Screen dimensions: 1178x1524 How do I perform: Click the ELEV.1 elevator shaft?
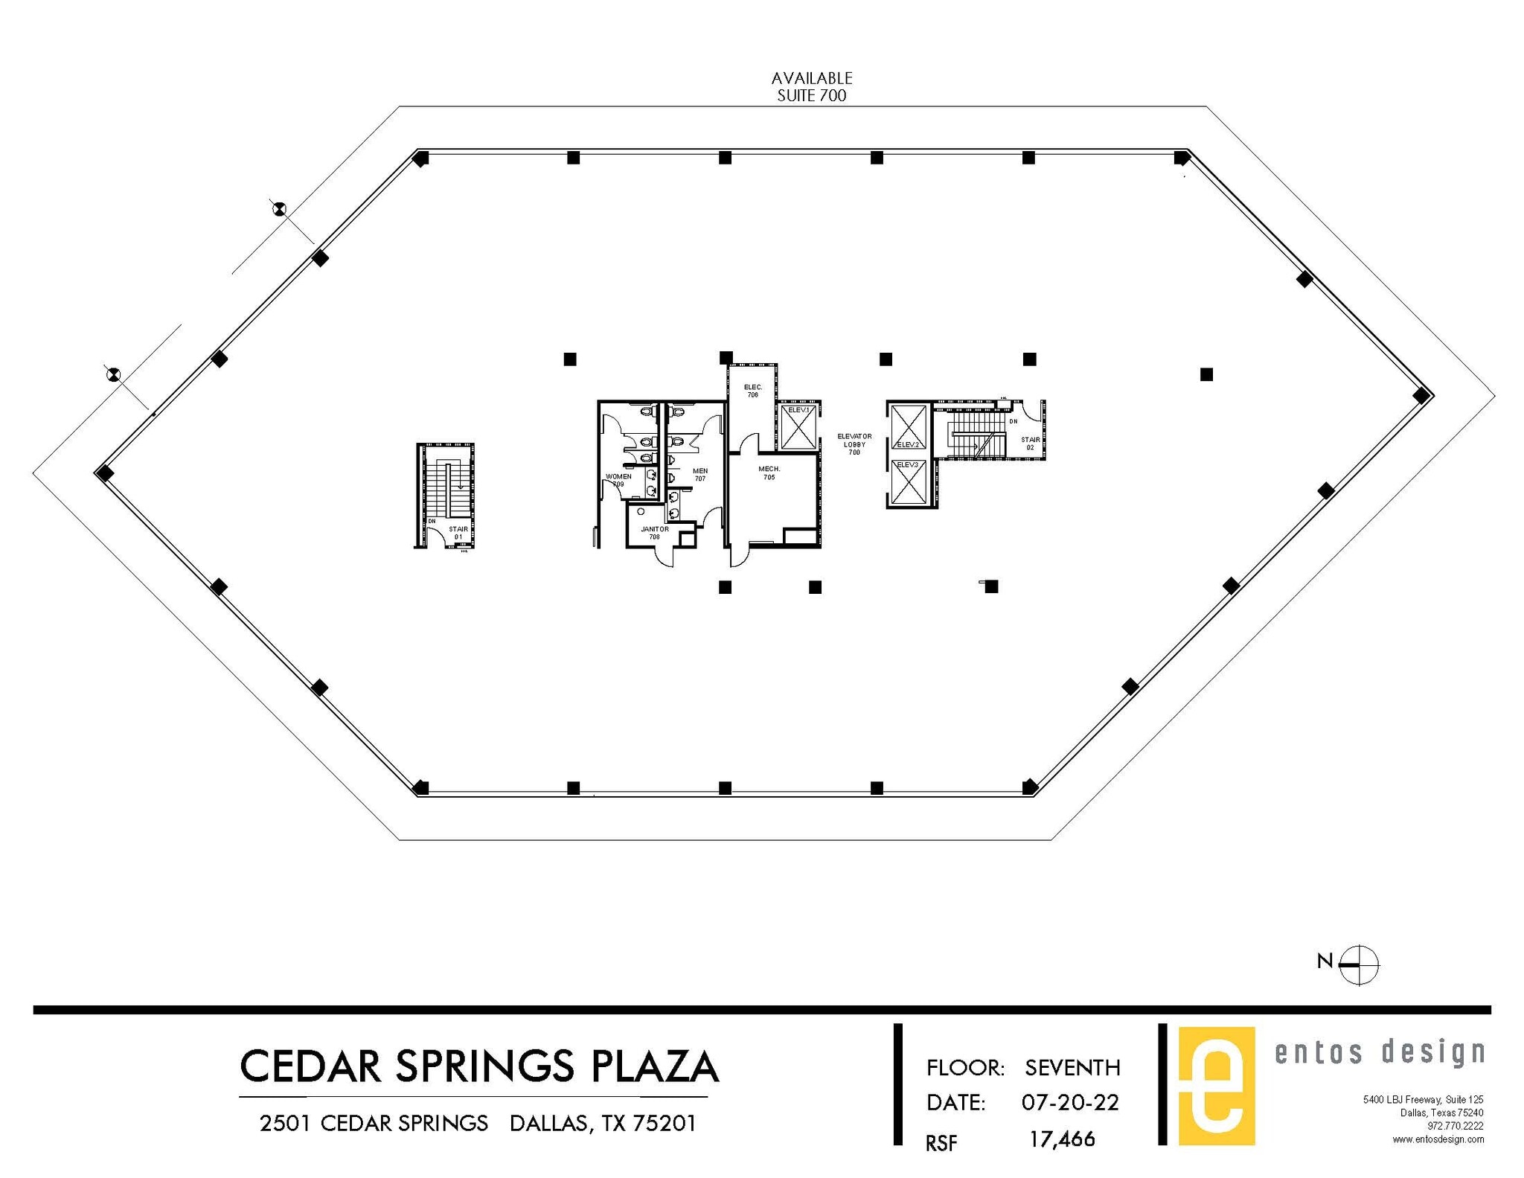[x=798, y=428]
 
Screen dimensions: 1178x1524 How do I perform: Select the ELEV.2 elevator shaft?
[x=908, y=427]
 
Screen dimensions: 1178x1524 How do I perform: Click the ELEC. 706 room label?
[x=753, y=391]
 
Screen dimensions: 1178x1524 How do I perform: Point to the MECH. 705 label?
[x=769, y=473]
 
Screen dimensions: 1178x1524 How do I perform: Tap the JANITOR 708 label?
[x=654, y=533]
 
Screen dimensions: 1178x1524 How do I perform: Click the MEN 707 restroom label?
[x=699, y=475]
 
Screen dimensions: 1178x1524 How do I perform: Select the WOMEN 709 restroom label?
[x=618, y=480]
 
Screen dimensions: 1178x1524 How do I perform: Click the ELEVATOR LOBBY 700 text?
[x=854, y=444]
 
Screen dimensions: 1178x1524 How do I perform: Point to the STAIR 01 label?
[x=458, y=533]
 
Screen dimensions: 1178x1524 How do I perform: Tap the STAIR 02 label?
[x=1030, y=444]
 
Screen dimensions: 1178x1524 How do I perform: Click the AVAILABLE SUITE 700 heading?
[x=811, y=87]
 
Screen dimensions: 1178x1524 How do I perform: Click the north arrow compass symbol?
[x=1358, y=964]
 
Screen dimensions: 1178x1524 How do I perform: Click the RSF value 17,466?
[x=1061, y=1139]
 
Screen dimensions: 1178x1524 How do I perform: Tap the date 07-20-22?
[x=1069, y=1102]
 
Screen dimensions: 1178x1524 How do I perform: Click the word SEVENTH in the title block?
[x=1072, y=1068]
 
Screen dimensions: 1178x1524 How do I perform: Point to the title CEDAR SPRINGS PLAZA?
[x=478, y=1066]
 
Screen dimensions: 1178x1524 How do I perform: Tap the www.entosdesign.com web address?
[x=1438, y=1139]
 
